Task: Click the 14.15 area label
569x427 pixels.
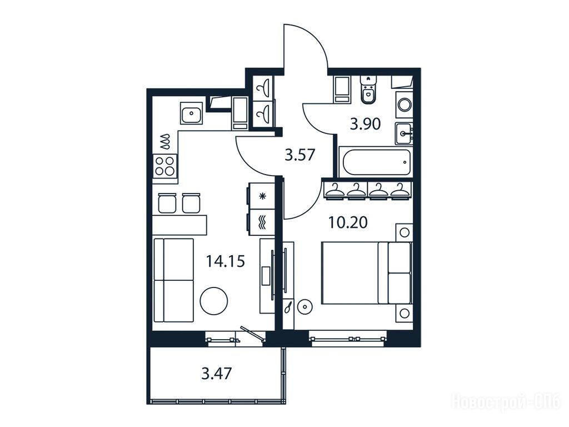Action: click(226, 261)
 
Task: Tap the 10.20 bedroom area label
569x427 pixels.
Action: click(348, 222)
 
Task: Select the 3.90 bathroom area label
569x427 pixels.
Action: click(365, 124)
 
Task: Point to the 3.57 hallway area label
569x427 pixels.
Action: click(300, 156)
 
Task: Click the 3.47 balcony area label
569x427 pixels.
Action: click(217, 373)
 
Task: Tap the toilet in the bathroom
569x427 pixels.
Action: click(369, 90)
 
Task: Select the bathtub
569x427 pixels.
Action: click(376, 162)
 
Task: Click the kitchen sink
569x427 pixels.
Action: click(192, 113)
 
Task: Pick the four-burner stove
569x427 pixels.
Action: click(166, 166)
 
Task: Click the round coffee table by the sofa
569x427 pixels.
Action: click(214, 300)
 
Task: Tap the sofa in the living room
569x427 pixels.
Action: click(173, 280)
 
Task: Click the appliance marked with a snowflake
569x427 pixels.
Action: click(261, 196)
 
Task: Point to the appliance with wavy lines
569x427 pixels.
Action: click(261, 222)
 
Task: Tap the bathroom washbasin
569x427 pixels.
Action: click(404, 133)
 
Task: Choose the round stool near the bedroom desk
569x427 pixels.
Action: click(304, 306)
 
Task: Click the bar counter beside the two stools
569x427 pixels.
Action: click(179, 225)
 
